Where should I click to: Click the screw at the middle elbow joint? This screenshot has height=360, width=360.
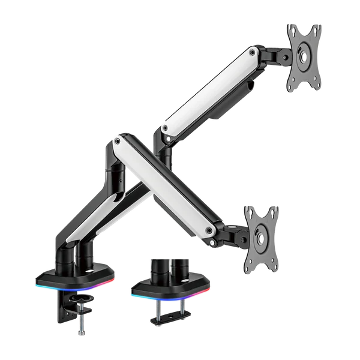118,142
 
